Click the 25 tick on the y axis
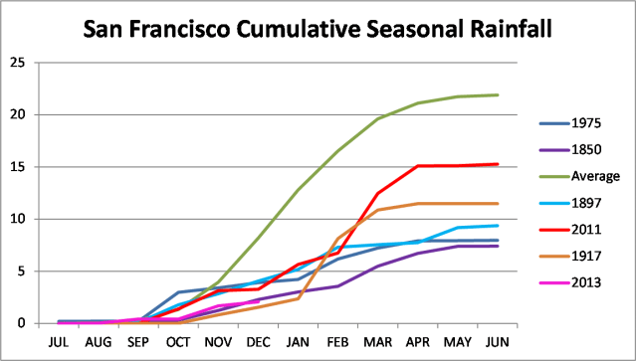point(17,63)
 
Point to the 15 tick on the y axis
point(17,166)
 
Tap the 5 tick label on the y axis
point(21,271)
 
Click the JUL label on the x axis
point(59,341)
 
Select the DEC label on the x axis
point(258,341)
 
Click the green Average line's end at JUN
point(498,95)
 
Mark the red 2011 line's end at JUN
point(498,164)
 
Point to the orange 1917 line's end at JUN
point(498,204)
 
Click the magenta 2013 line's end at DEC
point(258,301)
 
